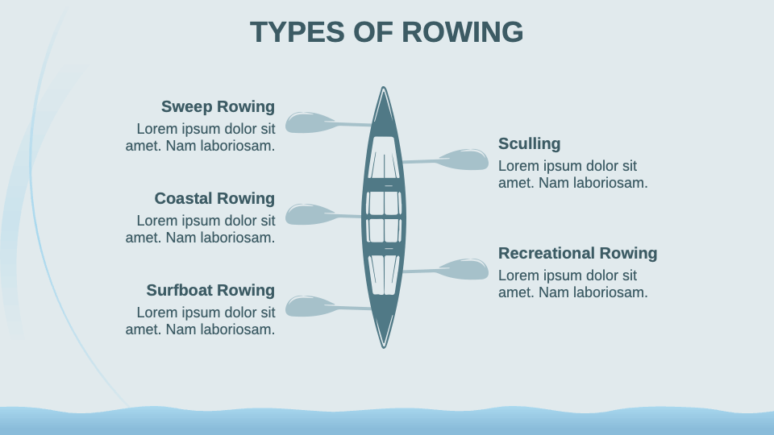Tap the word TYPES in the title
298,32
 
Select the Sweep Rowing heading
218,106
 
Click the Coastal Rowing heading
214,198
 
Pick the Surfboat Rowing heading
210,290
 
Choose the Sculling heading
529,143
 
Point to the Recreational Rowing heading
577,253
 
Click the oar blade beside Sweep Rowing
309,122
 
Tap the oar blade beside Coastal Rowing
309,214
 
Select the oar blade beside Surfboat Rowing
309,306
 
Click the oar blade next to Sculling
465,159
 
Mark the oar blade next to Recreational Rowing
465,269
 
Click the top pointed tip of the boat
384,90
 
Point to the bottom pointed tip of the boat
384,345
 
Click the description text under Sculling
572,175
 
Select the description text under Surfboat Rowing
201,321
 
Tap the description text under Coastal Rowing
201,229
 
